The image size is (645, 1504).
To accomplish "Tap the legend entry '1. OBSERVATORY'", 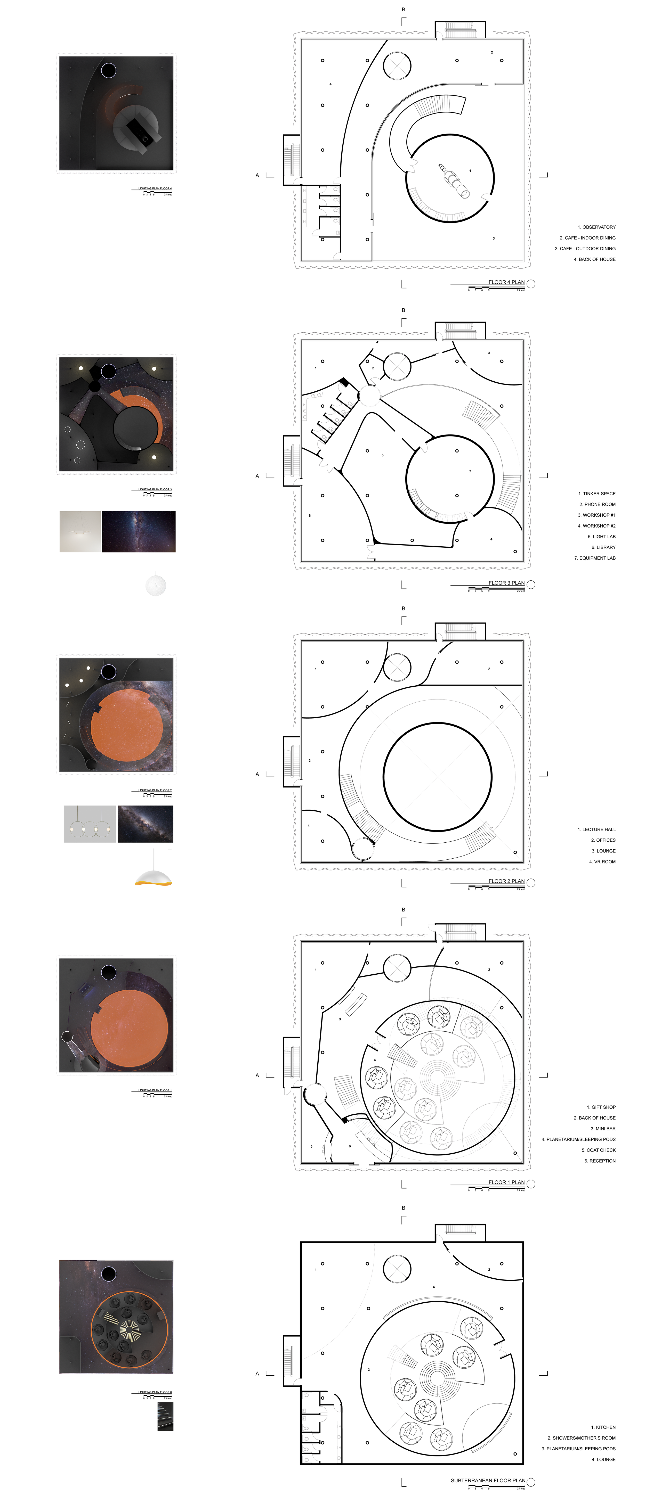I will pos(596,227).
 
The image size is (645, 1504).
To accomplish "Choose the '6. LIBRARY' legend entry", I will pos(603,548).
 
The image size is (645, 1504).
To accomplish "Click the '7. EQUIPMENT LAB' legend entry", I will pos(595,558).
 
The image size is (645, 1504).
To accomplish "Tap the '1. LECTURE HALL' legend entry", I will pos(596,830).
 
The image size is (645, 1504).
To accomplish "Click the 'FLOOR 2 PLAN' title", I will pos(506,882).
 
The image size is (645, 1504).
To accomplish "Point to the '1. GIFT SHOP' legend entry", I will pos(601,1107).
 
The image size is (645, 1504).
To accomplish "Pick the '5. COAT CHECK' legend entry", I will pos(598,1150).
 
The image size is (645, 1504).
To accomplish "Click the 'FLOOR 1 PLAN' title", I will pos(506,1182).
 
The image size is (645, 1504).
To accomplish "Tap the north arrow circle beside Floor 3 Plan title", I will pos(531,585).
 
